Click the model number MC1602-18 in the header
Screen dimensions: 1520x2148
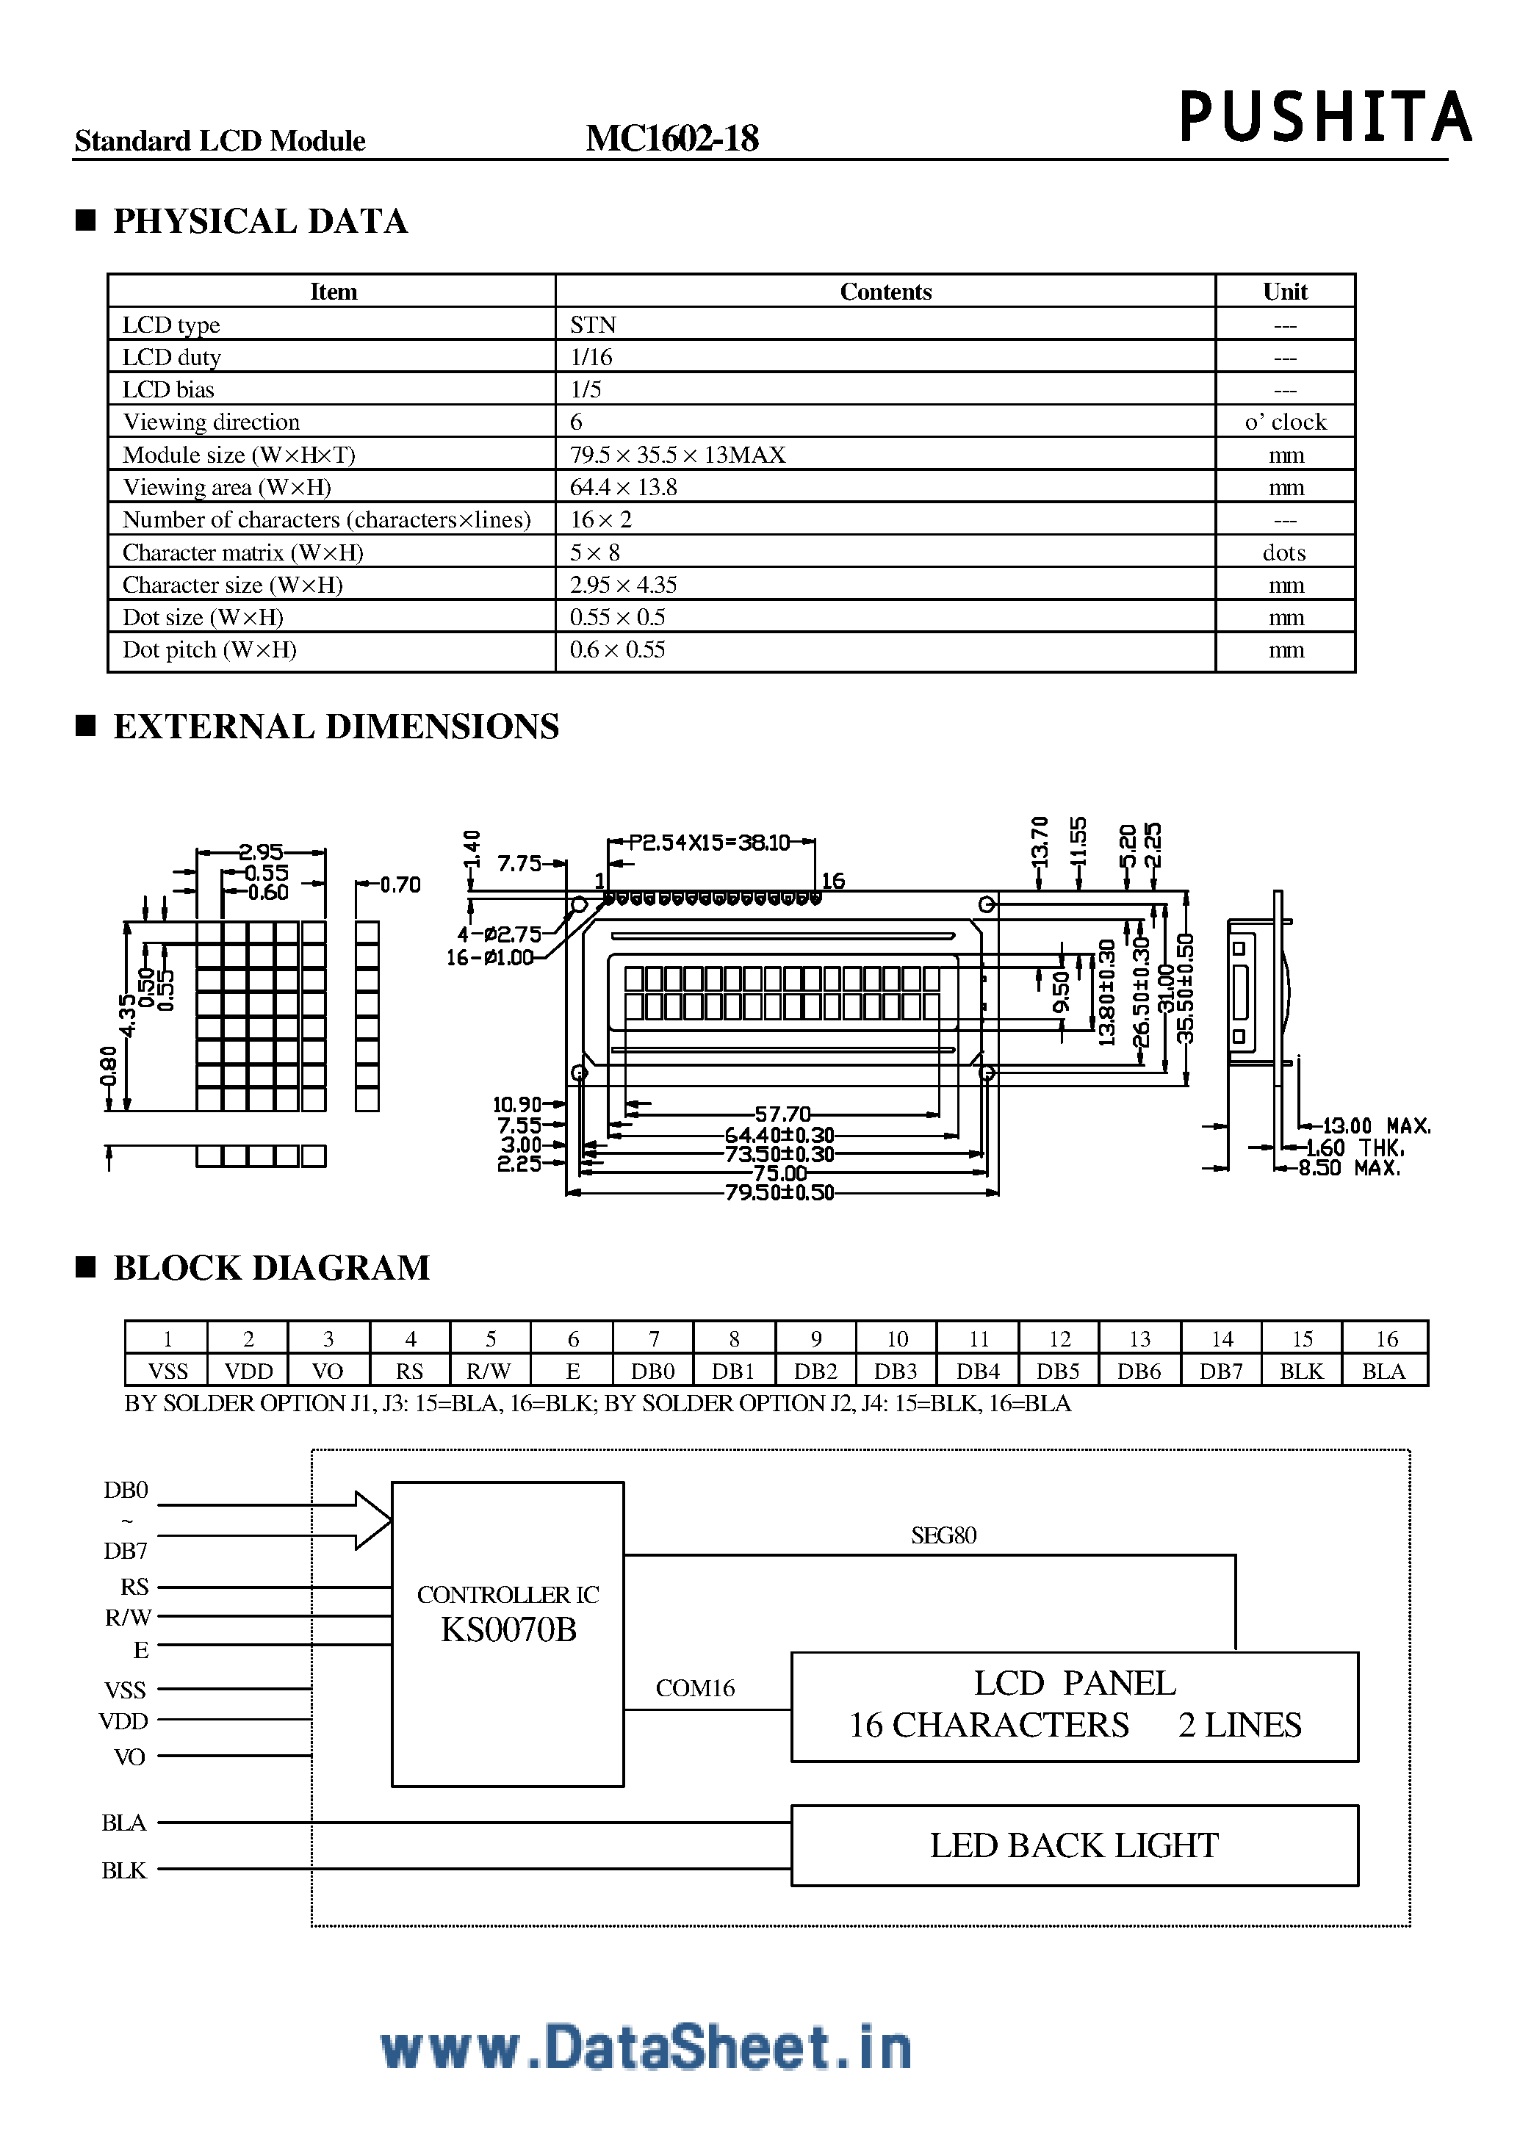672,139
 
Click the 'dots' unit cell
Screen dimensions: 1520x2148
1284,553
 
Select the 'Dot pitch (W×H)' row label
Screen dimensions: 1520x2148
209,650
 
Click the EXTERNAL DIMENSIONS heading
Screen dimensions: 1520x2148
336,727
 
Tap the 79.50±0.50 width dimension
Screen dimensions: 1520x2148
779,1192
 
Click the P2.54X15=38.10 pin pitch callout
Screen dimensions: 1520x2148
710,843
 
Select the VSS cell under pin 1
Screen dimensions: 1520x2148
168,1372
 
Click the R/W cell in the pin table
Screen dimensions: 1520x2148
489,1372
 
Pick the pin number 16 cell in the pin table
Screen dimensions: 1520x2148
1386,1339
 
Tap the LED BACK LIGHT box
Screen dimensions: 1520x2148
1075,1845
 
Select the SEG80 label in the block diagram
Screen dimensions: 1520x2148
943,1535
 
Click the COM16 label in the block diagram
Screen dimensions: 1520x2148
694,1688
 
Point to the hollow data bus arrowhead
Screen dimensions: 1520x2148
372,1521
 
